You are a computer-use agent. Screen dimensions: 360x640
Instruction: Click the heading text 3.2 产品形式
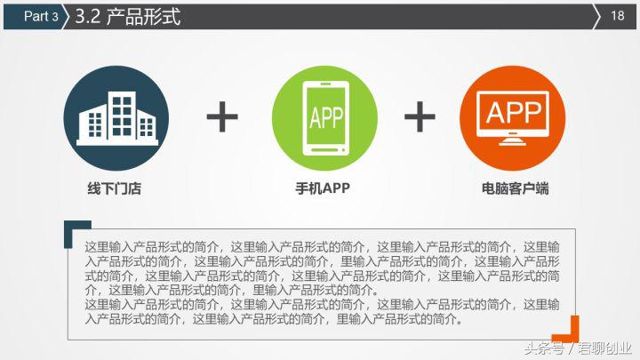click(127, 16)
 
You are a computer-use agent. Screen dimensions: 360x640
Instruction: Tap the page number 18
click(618, 16)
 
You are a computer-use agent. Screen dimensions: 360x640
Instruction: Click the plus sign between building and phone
click(221, 116)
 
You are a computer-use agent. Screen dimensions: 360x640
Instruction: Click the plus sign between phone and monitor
click(420, 116)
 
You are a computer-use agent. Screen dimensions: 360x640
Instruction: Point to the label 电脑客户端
click(515, 188)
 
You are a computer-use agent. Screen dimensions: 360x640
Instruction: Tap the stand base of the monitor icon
click(514, 142)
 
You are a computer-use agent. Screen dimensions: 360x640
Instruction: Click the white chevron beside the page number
click(596, 16)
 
